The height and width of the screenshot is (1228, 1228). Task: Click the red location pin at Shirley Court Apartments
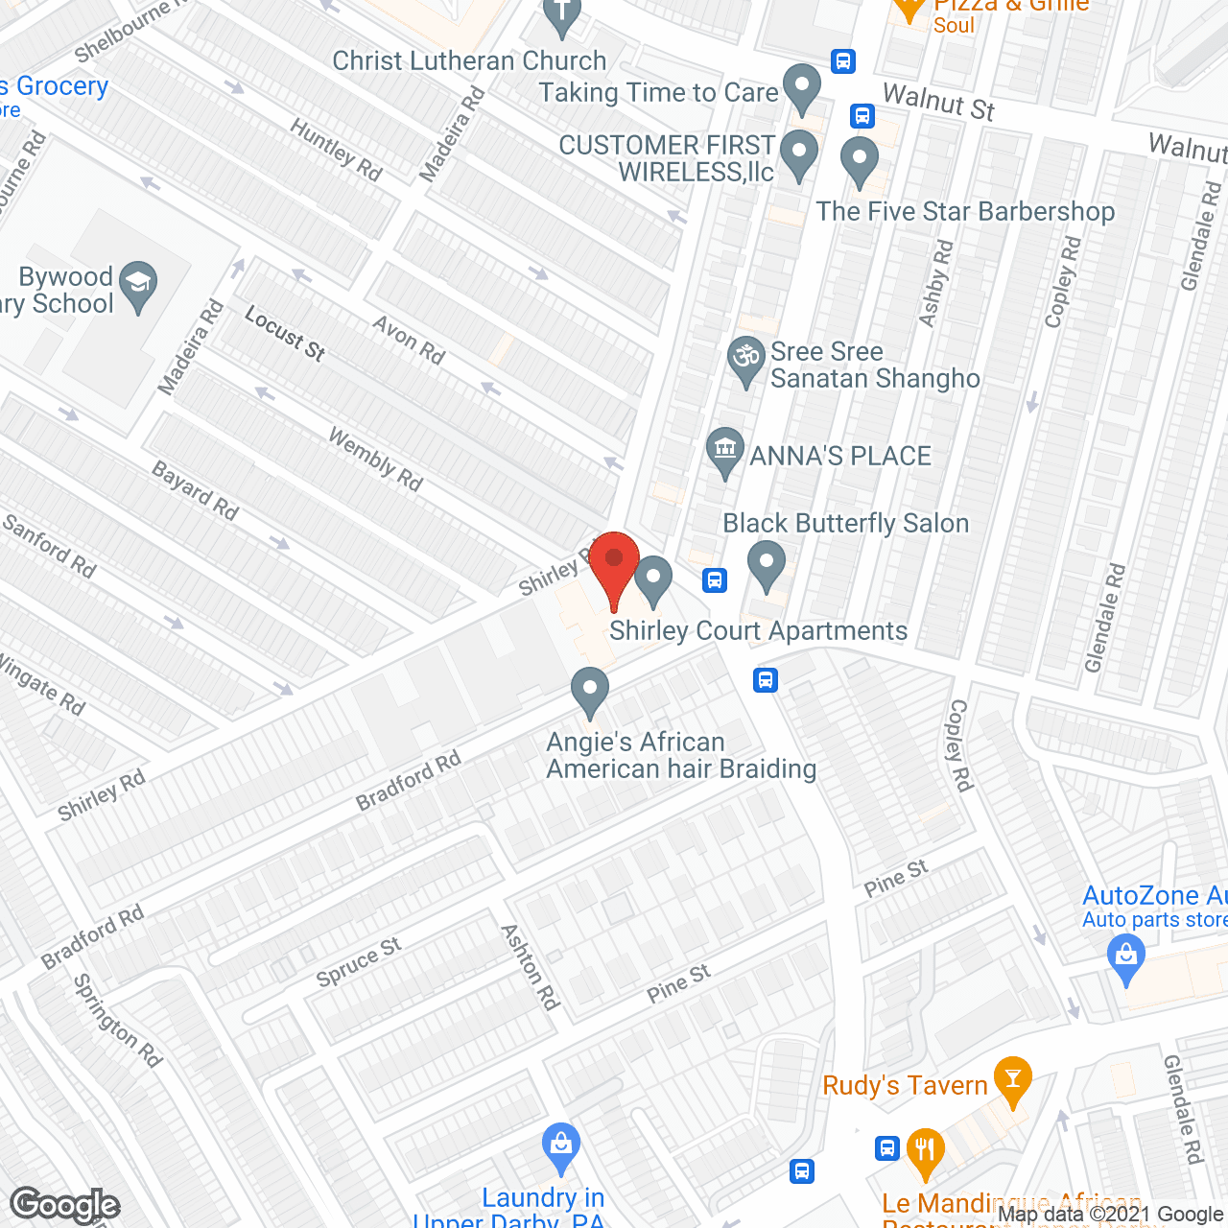(614, 561)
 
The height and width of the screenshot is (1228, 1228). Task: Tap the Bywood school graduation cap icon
(139, 283)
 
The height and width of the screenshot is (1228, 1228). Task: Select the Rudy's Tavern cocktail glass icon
(1012, 1077)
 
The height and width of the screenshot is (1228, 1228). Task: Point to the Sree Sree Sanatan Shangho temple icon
(745, 358)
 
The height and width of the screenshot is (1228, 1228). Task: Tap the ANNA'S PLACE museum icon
(725, 448)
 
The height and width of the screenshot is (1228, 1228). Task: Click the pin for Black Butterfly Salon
(766, 563)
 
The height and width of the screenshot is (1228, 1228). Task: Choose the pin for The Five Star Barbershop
(860, 159)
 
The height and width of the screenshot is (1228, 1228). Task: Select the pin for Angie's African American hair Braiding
(590, 690)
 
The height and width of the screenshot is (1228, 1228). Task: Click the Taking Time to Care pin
(802, 85)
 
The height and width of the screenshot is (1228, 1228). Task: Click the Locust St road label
(285, 333)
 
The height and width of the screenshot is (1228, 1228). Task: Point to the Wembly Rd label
(375, 460)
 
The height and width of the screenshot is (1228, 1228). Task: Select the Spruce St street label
(359, 961)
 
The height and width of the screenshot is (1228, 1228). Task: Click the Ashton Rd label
(531, 966)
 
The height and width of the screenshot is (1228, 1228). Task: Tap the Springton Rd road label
(118, 1021)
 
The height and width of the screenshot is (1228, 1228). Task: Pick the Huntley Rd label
(336, 150)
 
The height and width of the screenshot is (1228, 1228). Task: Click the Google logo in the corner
(64, 1205)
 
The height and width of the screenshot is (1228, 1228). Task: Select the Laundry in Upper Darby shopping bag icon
(561, 1145)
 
